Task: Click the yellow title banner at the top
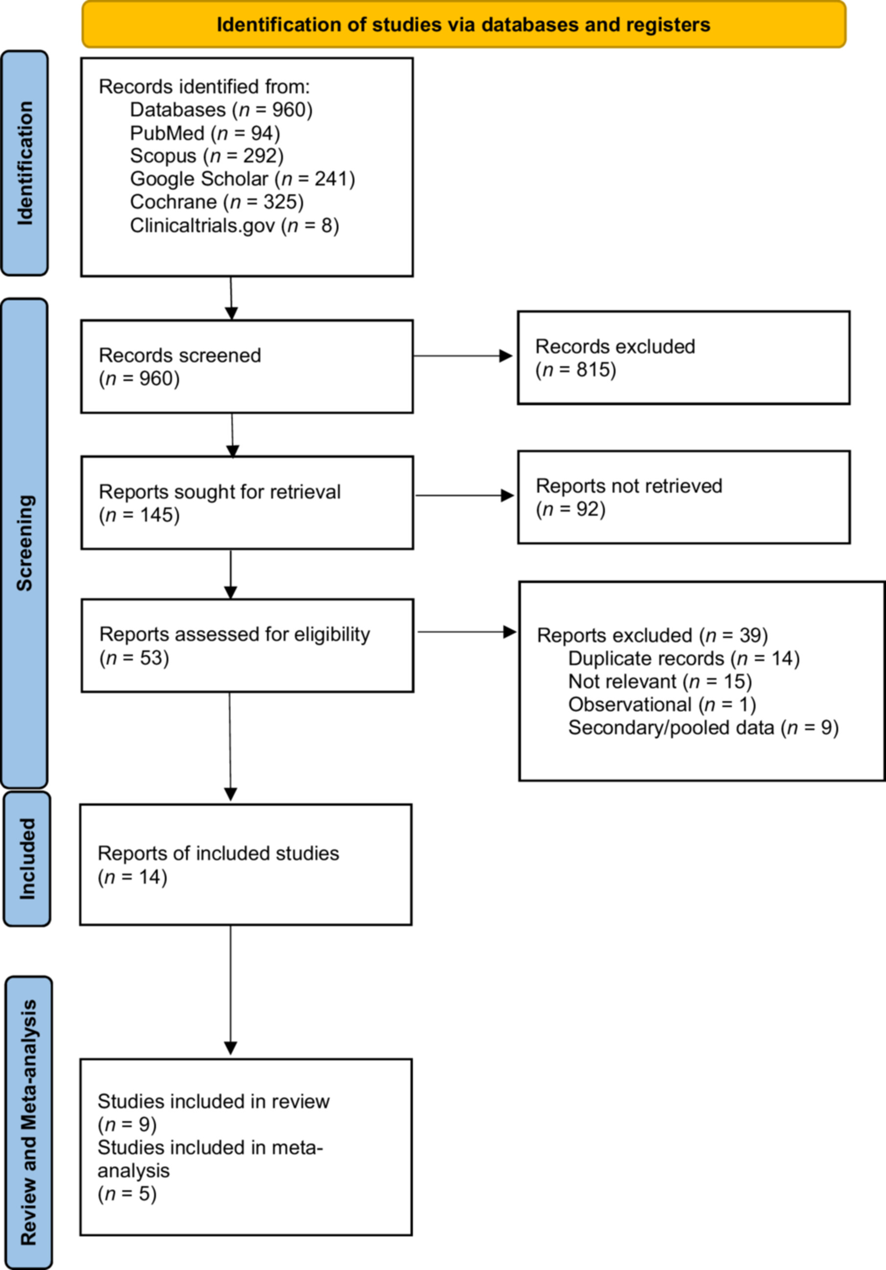(464, 24)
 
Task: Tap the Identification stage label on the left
(25, 163)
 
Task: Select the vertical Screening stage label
(25, 542)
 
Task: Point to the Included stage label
(27, 858)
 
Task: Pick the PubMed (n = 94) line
(205, 133)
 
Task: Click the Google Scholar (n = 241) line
(242, 179)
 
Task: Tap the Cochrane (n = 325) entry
(217, 202)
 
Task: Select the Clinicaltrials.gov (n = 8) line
(234, 225)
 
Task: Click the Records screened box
(247, 366)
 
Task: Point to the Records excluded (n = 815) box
(683, 358)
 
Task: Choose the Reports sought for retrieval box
(247, 503)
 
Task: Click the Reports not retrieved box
(683, 497)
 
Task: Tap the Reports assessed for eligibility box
(247, 645)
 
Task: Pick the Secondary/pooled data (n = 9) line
(703, 728)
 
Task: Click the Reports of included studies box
(246, 865)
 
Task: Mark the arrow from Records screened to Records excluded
(464, 355)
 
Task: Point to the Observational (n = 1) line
(662, 704)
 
